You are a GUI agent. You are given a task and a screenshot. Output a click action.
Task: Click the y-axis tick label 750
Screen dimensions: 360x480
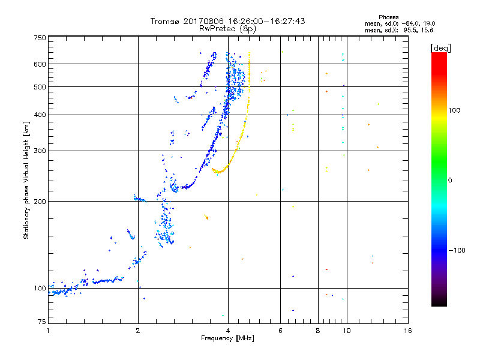tap(40, 38)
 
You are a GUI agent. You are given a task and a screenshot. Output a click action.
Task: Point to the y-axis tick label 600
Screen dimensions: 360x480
tap(40, 64)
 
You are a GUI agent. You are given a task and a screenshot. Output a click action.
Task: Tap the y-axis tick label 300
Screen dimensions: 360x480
tap(40, 151)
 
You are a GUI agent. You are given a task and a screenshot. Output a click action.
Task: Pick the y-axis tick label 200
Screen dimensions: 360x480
tap(40, 201)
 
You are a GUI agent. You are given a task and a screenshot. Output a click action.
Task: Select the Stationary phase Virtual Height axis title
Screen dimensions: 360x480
tap(26, 180)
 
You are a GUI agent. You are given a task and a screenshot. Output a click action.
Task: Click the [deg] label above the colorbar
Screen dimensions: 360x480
tap(440, 47)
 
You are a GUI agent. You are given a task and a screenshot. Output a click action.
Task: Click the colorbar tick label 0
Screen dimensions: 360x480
tap(451, 180)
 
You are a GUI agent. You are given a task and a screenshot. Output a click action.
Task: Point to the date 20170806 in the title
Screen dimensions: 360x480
tap(201, 21)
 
